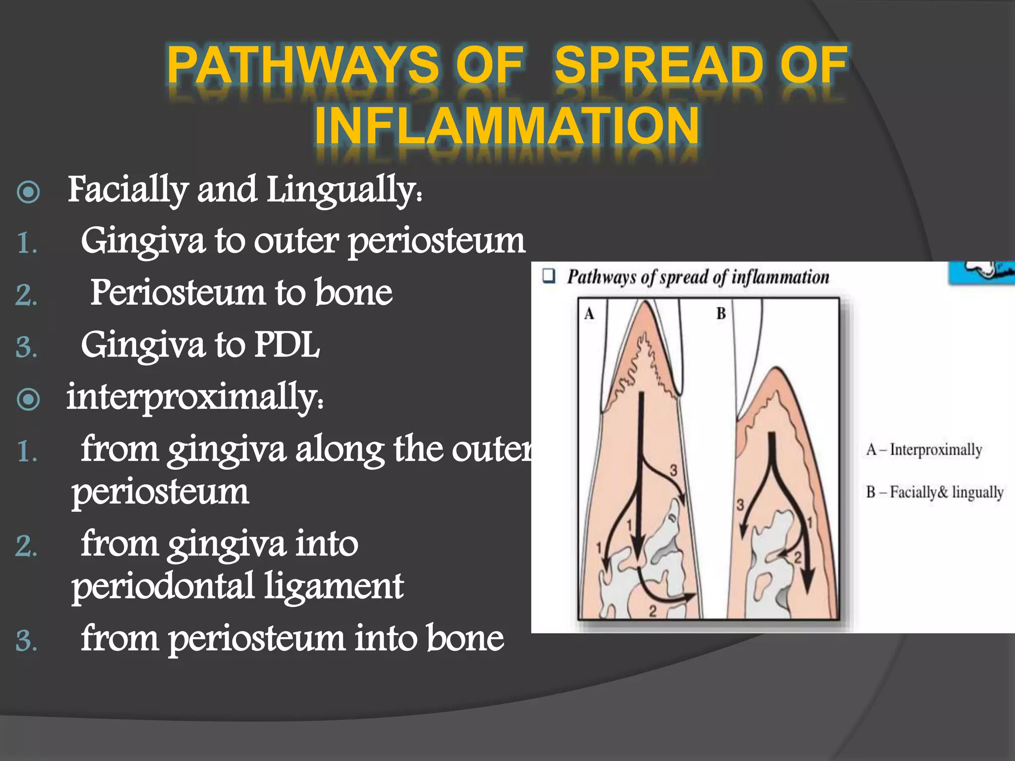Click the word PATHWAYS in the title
click(x=303, y=64)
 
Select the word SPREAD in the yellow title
click(x=659, y=64)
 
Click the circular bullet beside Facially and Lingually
click(x=28, y=192)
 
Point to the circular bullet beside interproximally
click(x=28, y=399)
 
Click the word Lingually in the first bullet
click(x=345, y=191)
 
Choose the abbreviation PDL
click(x=287, y=345)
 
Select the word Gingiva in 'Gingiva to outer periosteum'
click(x=143, y=241)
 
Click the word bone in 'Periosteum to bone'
click(x=353, y=292)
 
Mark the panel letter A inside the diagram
click(x=589, y=314)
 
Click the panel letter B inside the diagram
click(x=721, y=314)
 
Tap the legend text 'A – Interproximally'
click(x=924, y=449)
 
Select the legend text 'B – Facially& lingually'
click(x=935, y=492)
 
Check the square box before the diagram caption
click(x=548, y=276)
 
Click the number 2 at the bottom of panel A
click(x=653, y=611)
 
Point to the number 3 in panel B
click(x=740, y=505)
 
